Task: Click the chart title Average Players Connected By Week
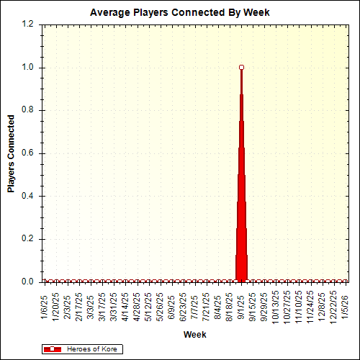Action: pyautogui.click(x=179, y=13)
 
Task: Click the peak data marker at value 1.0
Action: pyautogui.click(x=241, y=67)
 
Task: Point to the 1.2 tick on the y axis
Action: pyautogui.click(x=28, y=24)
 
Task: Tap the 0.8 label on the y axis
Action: pyautogui.click(x=28, y=110)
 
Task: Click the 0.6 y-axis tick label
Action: pyautogui.click(x=28, y=153)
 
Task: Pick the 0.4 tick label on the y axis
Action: pyautogui.click(x=28, y=196)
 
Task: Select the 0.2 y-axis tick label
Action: pyautogui.click(x=28, y=239)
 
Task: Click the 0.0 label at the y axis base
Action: pyautogui.click(x=28, y=282)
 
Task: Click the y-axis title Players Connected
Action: pyautogui.click(x=12, y=153)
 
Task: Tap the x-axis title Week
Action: pyautogui.click(x=194, y=335)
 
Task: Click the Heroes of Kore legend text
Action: pyautogui.click(x=92, y=348)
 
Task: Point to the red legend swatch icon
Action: pyautogui.click(x=53, y=348)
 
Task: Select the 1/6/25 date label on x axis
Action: pyautogui.click(x=45, y=304)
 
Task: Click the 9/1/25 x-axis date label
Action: pyautogui.click(x=241, y=304)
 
